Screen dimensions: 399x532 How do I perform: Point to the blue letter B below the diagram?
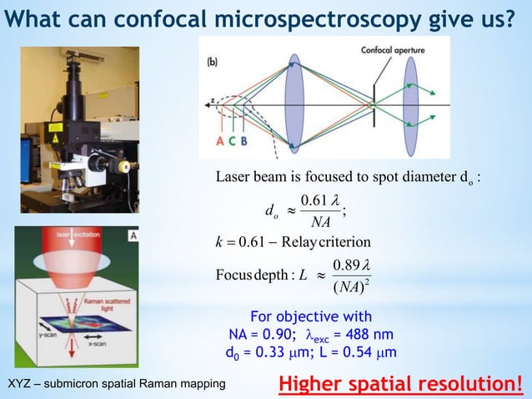(243, 141)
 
